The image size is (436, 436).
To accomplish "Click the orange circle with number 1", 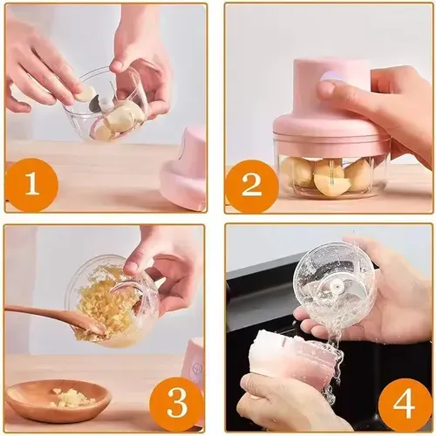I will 31,185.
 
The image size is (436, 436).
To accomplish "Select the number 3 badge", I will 177,402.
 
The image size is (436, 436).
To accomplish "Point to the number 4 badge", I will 405,402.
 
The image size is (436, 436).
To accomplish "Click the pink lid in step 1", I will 186,170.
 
